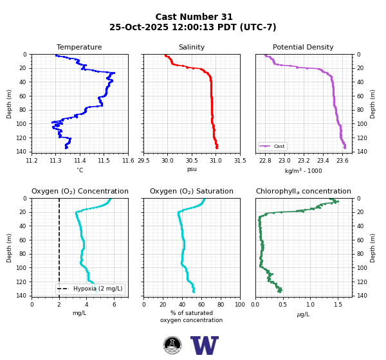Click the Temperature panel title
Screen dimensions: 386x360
click(x=79, y=47)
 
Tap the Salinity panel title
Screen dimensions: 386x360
click(x=192, y=47)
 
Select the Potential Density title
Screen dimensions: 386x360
click(x=303, y=47)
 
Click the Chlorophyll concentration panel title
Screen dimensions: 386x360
click(x=304, y=191)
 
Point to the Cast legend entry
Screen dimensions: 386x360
click(x=272, y=146)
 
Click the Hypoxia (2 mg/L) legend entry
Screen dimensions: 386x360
click(x=90, y=289)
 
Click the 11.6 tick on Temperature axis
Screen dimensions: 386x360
click(x=128, y=161)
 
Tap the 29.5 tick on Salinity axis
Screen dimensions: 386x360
click(x=143, y=161)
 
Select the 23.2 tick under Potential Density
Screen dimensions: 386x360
click(x=304, y=161)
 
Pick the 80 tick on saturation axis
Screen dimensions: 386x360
click(x=221, y=305)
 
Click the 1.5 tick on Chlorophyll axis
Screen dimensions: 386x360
click(x=338, y=305)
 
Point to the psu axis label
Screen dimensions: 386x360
click(x=192, y=169)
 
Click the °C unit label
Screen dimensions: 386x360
click(x=80, y=170)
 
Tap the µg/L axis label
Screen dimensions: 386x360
click(x=303, y=314)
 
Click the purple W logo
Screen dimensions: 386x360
click(x=205, y=345)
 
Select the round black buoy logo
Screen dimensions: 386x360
click(x=172, y=345)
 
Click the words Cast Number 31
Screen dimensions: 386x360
click(x=194, y=17)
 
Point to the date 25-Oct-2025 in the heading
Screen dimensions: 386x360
click(x=139, y=27)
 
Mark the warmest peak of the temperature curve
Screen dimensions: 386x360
click(x=114, y=73)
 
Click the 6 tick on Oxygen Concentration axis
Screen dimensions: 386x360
click(x=115, y=305)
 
